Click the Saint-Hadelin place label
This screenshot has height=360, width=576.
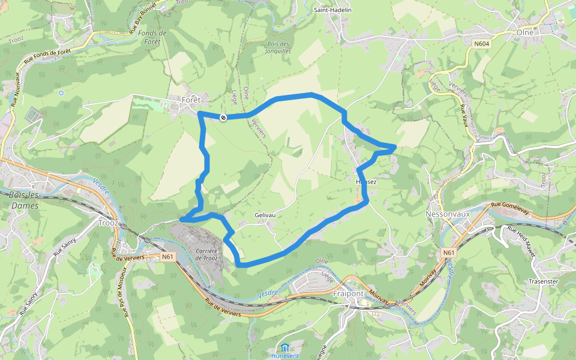(332, 10)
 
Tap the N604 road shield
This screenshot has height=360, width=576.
(481, 44)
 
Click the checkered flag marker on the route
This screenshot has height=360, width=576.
(223, 118)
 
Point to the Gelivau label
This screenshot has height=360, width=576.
(265, 215)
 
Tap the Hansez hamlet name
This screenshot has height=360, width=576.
(366, 181)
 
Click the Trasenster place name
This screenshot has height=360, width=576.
(528, 281)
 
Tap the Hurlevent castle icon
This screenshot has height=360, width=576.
(284, 347)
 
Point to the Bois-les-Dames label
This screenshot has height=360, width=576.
(24, 200)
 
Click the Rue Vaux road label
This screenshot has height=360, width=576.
(463, 115)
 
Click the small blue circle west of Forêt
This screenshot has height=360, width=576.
(61, 92)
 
